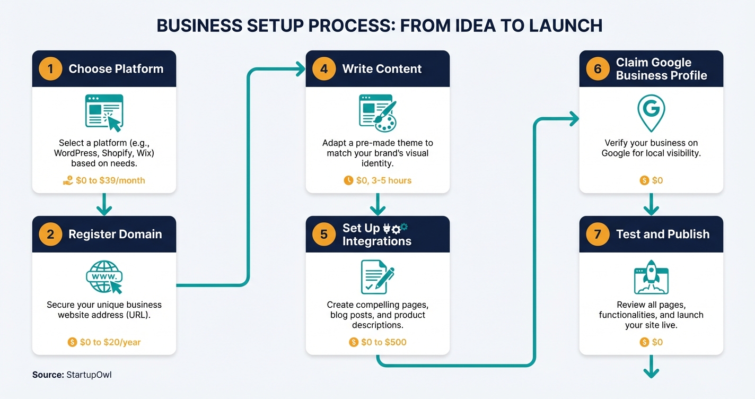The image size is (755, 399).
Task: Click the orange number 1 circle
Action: (x=51, y=69)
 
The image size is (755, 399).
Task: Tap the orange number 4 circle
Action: (x=324, y=69)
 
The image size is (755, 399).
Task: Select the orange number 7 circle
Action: (x=598, y=234)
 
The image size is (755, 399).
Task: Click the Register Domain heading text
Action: (x=115, y=234)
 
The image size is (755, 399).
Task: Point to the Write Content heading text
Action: (x=382, y=69)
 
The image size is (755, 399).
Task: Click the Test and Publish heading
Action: (x=662, y=234)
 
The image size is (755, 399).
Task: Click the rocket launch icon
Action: (x=651, y=280)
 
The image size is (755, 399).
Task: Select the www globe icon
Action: (x=104, y=276)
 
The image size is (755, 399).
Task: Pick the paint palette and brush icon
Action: (x=377, y=112)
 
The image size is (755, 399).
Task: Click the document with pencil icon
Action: (x=377, y=276)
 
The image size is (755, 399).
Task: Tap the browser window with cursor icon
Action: (x=104, y=112)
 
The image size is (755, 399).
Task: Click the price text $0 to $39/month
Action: (x=110, y=180)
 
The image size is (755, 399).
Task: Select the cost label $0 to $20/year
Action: (x=110, y=342)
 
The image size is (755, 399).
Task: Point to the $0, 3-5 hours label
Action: (x=383, y=180)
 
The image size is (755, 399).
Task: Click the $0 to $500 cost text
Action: (x=383, y=342)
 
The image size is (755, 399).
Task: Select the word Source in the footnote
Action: (x=48, y=375)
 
